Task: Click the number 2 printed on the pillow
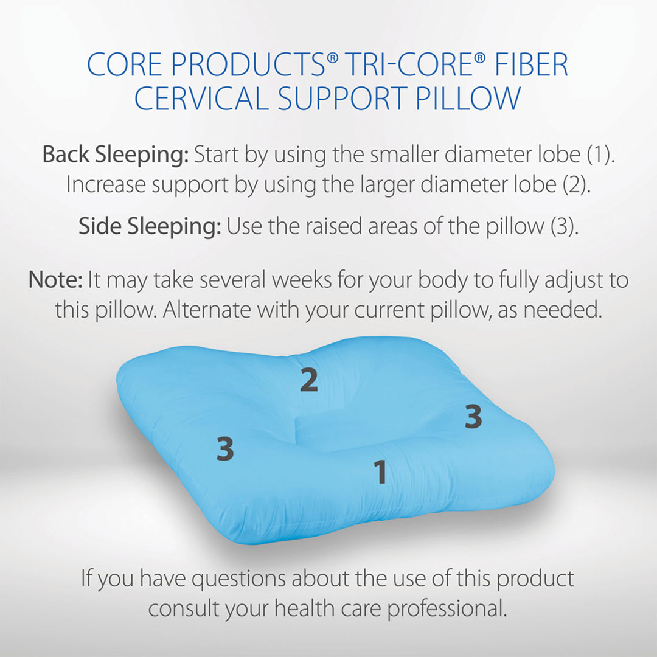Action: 309,380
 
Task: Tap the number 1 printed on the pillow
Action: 380,472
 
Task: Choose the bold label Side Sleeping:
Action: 150,227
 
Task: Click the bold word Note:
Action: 55,280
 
